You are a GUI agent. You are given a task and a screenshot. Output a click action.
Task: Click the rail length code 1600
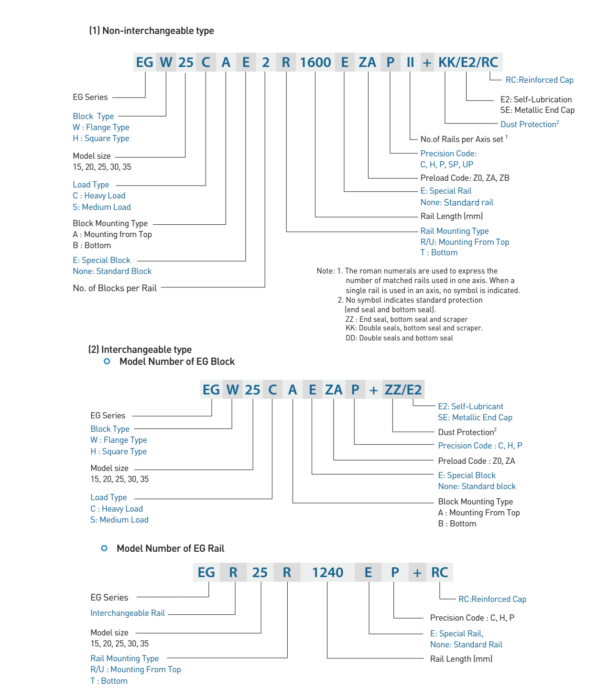pos(315,62)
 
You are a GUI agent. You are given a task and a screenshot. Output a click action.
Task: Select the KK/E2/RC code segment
pos(468,62)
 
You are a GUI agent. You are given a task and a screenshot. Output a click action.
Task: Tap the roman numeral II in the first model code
pos(410,62)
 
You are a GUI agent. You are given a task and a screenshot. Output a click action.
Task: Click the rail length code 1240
pos(327,572)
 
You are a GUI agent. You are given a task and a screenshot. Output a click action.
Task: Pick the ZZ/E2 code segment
pos(403,390)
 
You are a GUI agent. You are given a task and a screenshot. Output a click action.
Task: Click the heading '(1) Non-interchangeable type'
pos(152,31)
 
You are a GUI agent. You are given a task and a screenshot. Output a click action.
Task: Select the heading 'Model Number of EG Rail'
pos(170,548)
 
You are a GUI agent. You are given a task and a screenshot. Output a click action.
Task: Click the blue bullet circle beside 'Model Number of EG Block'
pos(107,361)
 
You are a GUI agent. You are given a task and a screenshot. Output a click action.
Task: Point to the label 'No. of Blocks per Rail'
pos(115,288)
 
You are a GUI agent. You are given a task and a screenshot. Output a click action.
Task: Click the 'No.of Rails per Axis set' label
pos(462,139)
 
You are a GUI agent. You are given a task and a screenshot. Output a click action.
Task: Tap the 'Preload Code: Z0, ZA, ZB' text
pos(465,178)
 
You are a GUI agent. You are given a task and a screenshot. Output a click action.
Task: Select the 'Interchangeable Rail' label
pos(128,613)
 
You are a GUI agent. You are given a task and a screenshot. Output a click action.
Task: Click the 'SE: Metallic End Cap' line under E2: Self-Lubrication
pos(537,110)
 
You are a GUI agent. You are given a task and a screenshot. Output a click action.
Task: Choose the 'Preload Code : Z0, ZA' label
pos(477,461)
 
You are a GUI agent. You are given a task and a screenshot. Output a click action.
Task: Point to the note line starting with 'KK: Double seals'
pos(414,328)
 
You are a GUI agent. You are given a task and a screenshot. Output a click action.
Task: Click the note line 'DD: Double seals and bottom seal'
pos(399,338)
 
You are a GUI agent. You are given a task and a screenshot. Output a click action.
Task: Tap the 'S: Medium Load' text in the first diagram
pos(102,207)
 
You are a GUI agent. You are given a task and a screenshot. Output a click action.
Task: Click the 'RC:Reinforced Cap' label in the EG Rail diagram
pos(492,599)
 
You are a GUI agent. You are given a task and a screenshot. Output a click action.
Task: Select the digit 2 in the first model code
pos(266,62)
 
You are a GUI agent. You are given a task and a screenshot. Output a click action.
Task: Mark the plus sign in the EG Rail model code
pos(417,573)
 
